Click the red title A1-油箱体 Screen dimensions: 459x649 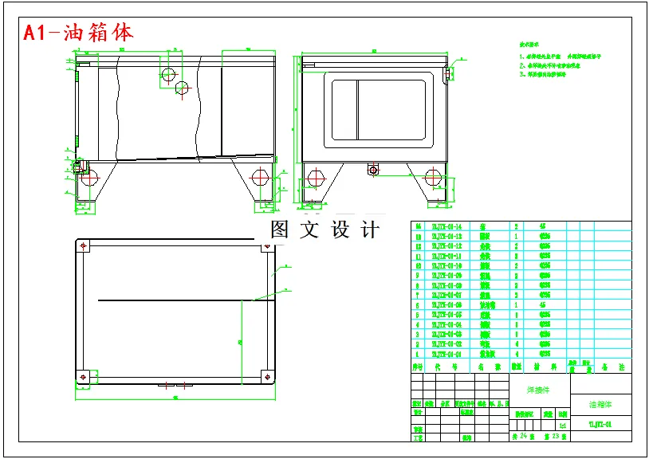(x=78, y=33)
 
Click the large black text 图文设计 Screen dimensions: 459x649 (x=324, y=230)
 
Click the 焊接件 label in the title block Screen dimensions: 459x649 (x=539, y=390)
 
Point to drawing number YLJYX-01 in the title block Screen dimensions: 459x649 (x=600, y=425)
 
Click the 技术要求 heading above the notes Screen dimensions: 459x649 (x=532, y=46)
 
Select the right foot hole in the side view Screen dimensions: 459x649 (x=258, y=176)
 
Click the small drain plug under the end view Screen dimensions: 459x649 (x=372, y=169)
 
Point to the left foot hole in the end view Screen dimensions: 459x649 (x=316, y=177)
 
